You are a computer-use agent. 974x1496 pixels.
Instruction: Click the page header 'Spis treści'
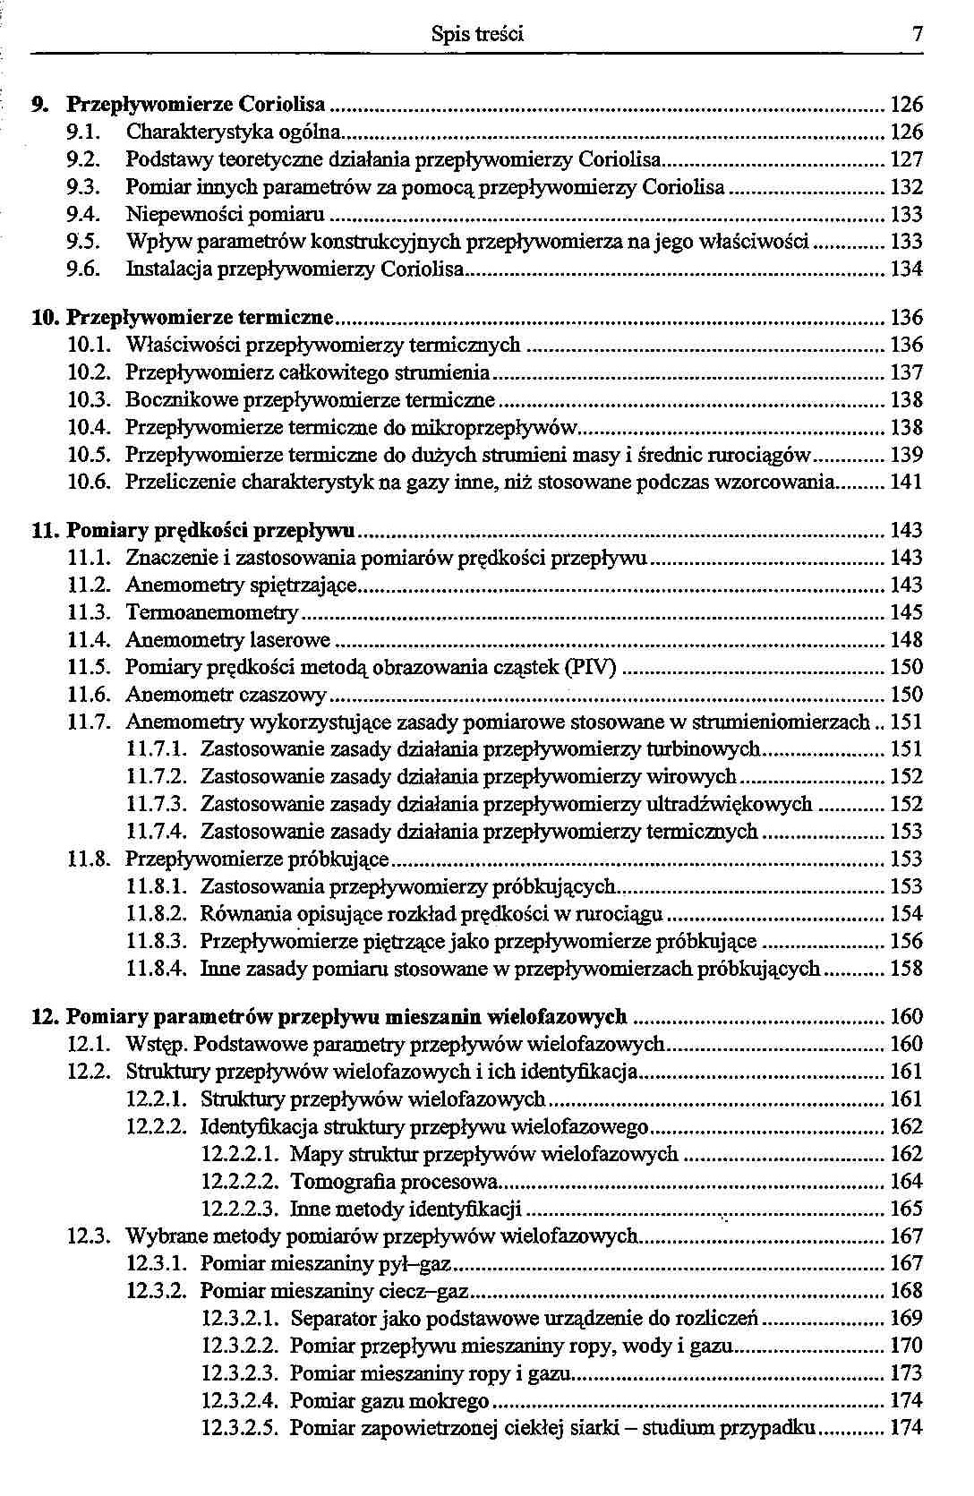[477, 35]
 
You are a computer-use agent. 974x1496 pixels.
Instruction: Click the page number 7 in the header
[917, 35]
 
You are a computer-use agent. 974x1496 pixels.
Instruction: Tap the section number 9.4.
[83, 215]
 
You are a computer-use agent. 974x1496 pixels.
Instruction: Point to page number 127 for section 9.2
[906, 160]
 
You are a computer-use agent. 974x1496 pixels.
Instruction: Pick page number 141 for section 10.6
[906, 483]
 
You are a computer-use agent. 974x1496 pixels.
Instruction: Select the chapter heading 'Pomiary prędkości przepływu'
[211, 531]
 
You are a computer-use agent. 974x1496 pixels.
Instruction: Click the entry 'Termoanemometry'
[211, 613]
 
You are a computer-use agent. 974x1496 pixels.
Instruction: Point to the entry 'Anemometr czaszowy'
[226, 696]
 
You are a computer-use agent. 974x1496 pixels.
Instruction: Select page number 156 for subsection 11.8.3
[906, 942]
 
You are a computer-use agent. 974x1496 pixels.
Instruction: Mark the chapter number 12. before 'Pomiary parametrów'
[47, 1017]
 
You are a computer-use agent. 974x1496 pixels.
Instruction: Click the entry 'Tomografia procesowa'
[394, 1183]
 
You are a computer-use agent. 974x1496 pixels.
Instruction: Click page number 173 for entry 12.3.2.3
[906, 1373]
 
